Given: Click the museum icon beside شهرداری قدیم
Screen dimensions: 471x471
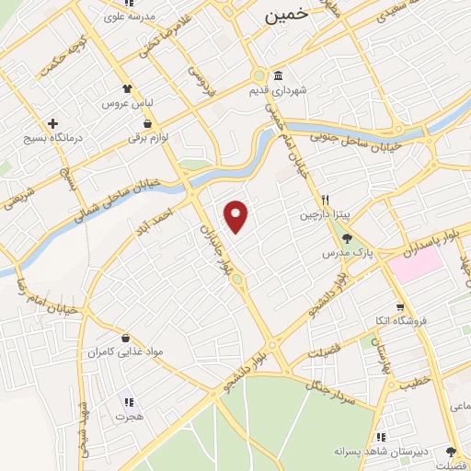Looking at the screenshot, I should tap(277, 77).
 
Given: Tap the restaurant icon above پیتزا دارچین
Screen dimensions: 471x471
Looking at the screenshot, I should tap(325, 200).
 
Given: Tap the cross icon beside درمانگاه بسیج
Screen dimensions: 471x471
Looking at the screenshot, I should tap(52, 123).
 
